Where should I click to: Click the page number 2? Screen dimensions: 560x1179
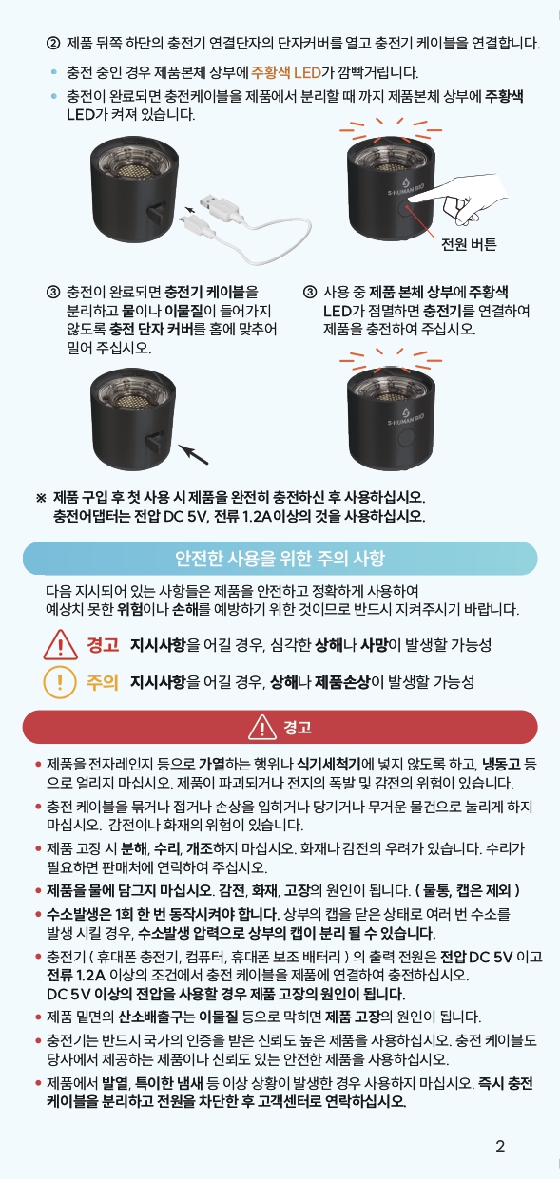[500, 1146]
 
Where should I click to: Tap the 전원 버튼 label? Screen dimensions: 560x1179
[469, 244]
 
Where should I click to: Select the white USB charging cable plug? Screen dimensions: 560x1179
[217, 207]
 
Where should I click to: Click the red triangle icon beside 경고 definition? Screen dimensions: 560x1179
[61, 645]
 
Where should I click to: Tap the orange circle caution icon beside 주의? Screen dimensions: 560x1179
[60, 682]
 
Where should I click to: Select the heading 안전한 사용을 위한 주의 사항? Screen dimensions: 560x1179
[280, 558]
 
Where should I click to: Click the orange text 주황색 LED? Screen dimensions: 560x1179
[286, 72]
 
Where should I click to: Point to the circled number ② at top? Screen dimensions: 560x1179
[53, 43]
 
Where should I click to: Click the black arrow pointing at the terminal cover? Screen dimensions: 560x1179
[193, 455]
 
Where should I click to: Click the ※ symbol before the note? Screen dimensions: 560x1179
[41, 498]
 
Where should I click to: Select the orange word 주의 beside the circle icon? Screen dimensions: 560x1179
[102, 682]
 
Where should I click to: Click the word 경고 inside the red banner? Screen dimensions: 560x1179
[298, 728]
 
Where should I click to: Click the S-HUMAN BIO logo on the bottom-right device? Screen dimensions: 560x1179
[406, 416]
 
